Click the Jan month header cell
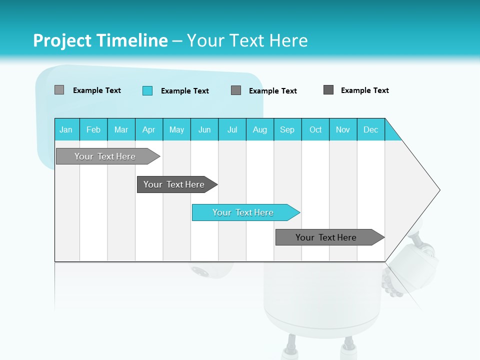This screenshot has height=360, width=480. (x=66, y=129)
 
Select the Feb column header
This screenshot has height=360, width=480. (x=93, y=129)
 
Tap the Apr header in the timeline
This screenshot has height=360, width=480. (x=149, y=129)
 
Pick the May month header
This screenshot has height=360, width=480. (x=176, y=129)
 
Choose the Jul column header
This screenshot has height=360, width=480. (x=232, y=129)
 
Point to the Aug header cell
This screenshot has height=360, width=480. (x=260, y=129)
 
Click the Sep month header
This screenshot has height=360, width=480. (x=287, y=129)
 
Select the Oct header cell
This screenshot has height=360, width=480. (x=315, y=129)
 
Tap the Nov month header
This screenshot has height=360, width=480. (x=343, y=129)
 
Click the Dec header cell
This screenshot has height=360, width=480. (x=371, y=129)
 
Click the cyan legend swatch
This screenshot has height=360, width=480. (x=147, y=90)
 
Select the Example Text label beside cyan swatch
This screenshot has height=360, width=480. (x=184, y=91)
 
